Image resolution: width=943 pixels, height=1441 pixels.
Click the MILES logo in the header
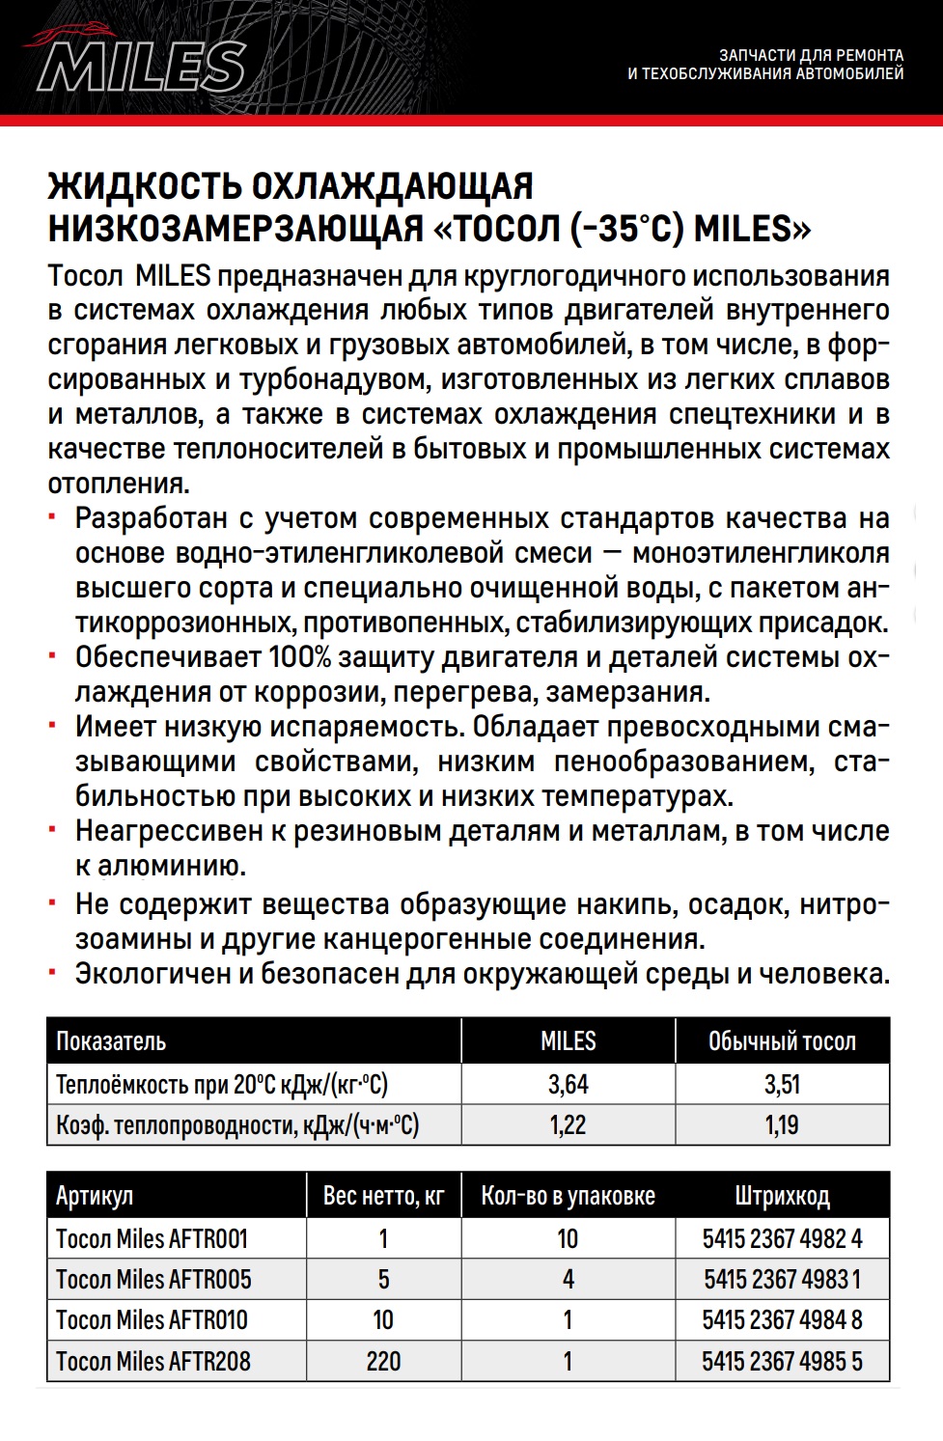140,63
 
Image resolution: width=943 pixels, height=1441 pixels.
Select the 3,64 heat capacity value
568,1084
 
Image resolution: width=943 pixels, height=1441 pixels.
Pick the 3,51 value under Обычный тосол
782,1084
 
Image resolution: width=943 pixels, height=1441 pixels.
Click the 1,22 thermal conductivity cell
568,1124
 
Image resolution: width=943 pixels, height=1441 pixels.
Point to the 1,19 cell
782,1124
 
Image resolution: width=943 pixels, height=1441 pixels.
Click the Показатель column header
111,1041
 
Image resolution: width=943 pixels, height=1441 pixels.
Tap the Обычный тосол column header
782,1041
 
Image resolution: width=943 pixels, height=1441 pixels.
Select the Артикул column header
95,1196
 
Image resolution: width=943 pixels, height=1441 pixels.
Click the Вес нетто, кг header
383,1196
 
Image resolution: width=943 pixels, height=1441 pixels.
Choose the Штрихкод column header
782,1196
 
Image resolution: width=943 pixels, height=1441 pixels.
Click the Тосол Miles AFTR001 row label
152,1238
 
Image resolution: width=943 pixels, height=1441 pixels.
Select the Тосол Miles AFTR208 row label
153,1361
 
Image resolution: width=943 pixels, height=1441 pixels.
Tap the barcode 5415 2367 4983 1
782,1279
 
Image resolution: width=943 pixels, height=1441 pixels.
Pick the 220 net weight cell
383,1361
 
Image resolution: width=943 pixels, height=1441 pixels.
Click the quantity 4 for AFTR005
568,1279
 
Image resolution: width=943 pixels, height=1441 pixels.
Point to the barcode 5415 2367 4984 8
782,1319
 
